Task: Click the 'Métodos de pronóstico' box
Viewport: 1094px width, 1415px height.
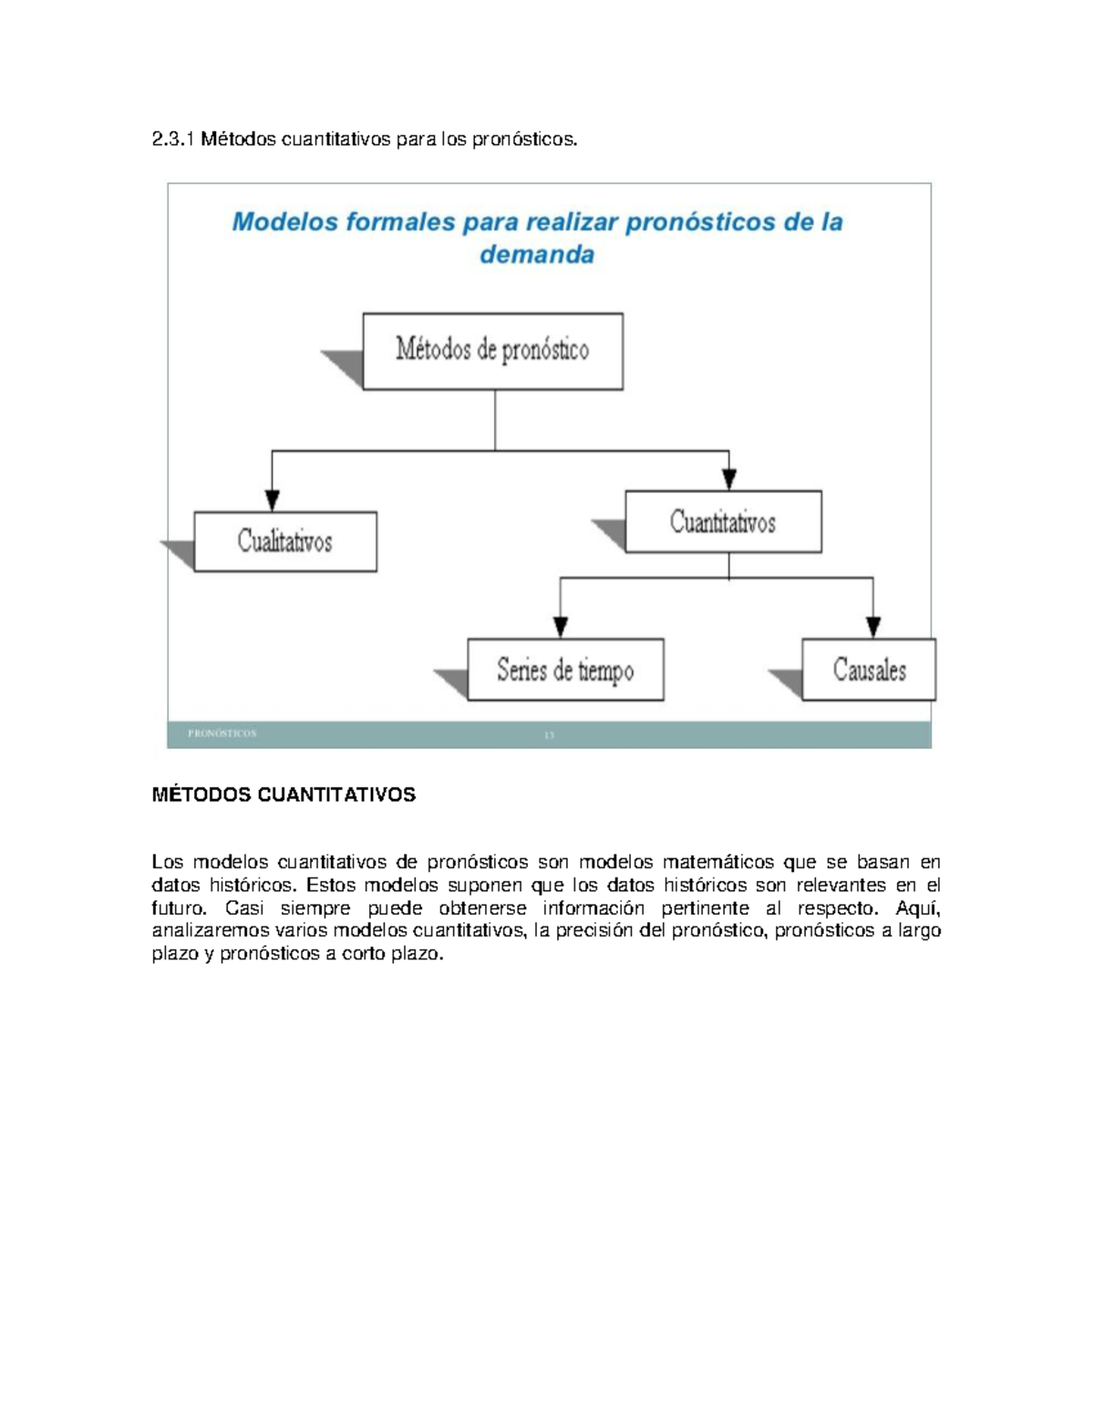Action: tap(492, 351)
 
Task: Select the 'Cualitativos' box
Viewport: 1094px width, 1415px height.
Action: tap(285, 541)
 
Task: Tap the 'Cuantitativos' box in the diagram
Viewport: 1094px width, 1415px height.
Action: tap(723, 522)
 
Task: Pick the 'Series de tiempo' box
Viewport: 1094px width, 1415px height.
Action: tap(565, 670)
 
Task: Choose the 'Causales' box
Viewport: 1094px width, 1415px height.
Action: tap(869, 670)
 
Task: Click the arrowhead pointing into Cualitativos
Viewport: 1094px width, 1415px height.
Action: tap(272, 500)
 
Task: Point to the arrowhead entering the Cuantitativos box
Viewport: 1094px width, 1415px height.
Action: tap(728, 479)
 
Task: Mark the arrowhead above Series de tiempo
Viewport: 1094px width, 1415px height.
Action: tap(561, 627)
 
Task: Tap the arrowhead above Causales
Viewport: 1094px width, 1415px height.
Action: tap(873, 627)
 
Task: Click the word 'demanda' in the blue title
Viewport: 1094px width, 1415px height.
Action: tap(537, 254)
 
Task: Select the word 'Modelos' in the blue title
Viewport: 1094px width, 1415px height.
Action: tap(284, 221)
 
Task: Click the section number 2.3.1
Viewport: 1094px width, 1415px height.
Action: tap(173, 139)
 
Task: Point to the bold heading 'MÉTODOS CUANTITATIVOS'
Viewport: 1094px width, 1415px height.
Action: tap(284, 795)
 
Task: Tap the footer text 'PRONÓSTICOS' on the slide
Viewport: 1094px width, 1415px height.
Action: tap(222, 733)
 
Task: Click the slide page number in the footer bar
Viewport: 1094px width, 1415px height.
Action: tap(549, 734)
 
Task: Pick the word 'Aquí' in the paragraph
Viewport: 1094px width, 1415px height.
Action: tap(917, 908)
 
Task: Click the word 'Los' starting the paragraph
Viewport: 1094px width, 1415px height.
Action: tap(167, 862)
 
